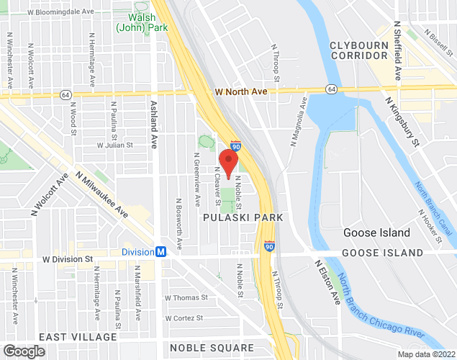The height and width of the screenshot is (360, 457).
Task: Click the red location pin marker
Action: pyautogui.click(x=228, y=163)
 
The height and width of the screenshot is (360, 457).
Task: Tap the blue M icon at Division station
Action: pyautogui.click(x=161, y=252)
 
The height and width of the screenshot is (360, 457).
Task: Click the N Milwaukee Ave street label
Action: pyautogui.click(x=101, y=194)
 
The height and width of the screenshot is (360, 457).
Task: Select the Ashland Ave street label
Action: pyautogui.click(x=153, y=125)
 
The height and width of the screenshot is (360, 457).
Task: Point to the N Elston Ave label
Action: pyautogui.click(x=327, y=282)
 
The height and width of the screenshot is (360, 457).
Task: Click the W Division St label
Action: pyautogui.click(x=68, y=258)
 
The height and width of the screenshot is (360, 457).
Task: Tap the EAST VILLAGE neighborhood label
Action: pyautogui.click(x=78, y=337)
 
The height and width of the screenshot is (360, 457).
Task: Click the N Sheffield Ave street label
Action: pyautogui.click(x=397, y=50)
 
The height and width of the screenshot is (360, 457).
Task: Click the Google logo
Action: pyautogui.click(x=23, y=351)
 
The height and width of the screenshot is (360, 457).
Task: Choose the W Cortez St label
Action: pyautogui.click(x=186, y=318)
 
